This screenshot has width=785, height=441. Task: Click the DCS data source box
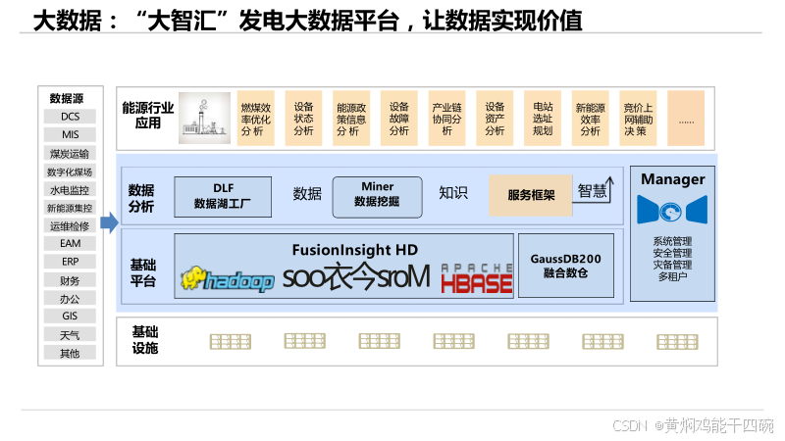click(70, 117)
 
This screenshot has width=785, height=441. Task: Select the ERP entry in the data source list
click(70, 262)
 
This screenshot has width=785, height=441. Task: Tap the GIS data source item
click(70, 317)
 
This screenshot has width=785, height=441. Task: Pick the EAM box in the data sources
click(70, 243)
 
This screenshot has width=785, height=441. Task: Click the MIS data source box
click(70, 134)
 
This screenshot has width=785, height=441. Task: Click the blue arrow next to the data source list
click(109, 222)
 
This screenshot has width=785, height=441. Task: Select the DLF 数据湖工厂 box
click(223, 196)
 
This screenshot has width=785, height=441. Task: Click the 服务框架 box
click(531, 195)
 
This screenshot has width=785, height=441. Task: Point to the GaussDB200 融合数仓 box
click(565, 265)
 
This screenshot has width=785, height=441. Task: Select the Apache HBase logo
click(476, 279)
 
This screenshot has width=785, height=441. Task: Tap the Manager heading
click(672, 179)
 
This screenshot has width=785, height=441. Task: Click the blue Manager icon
click(672, 210)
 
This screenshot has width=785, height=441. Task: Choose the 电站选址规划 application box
click(543, 119)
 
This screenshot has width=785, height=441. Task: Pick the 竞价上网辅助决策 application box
click(638, 119)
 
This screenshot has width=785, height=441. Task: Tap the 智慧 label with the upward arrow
click(596, 190)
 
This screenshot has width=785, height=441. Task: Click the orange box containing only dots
click(686, 119)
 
